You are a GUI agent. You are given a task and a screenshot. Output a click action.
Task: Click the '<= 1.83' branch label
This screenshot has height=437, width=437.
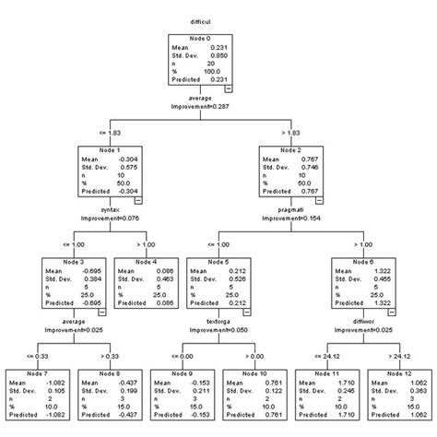[114, 133]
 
